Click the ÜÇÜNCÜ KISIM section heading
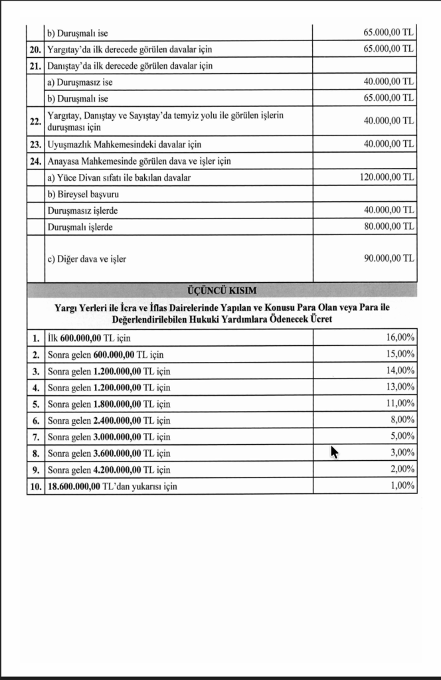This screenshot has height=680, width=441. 222,290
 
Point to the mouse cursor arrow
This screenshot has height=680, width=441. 334,452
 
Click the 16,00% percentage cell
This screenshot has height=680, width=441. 400,337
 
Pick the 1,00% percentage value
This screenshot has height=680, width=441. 402,486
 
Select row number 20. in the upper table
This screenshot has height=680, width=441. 35,49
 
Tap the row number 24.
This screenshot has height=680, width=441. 35,161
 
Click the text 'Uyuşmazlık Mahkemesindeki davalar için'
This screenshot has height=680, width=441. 124,144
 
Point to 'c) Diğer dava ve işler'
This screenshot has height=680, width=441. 86,259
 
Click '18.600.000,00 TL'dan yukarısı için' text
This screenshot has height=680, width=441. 112,487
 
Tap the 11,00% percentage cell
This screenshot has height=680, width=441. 400,403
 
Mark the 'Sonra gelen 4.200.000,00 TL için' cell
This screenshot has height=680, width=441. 109,470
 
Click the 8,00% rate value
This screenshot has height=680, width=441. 402,420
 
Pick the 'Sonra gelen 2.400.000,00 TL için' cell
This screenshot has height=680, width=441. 109,420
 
